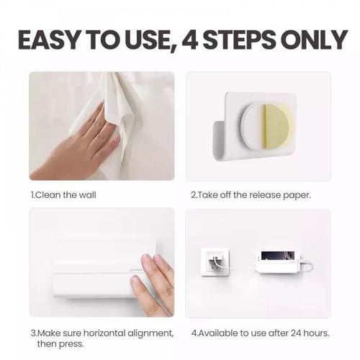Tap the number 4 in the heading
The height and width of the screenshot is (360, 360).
point(190,40)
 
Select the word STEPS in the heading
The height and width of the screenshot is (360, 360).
point(239,40)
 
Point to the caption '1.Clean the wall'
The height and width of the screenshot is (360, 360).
point(63,194)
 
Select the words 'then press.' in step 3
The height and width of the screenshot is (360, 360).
point(60,344)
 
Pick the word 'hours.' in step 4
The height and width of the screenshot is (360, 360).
point(316,333)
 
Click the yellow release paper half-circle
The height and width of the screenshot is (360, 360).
point(279,127)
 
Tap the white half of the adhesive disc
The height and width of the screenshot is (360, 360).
point(253,127)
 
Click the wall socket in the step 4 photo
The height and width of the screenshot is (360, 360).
point(215,262)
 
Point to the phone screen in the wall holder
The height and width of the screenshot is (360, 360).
point(278,256)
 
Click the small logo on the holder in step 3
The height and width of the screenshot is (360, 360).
point(135,270)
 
